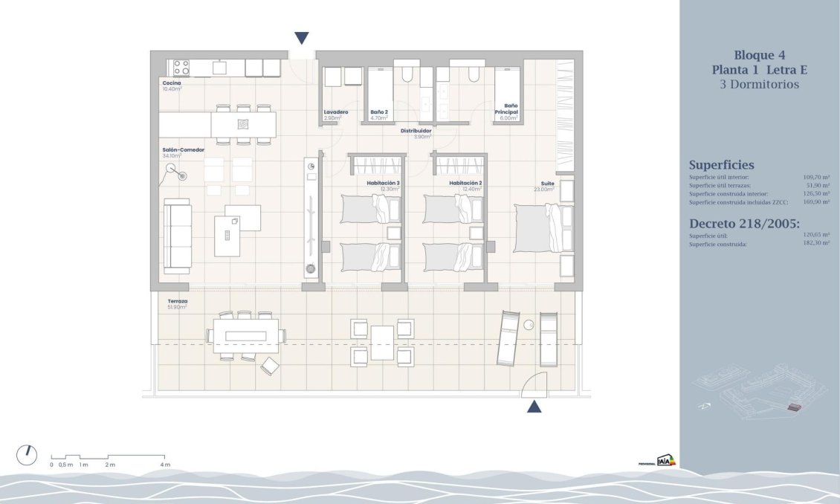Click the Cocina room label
pos(171,83)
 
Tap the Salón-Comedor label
pos(179,149)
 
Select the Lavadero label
pos(335,112)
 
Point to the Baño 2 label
pos(379,112)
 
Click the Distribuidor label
pos(416,131)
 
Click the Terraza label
pos(177,301)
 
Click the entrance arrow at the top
pos(301,39)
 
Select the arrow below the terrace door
pos(534,406)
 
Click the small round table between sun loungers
pos(529,325)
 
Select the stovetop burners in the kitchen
pos(181,68)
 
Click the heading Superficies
pos(721,165)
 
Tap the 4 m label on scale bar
pos(165,465)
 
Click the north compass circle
pos(27,455)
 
